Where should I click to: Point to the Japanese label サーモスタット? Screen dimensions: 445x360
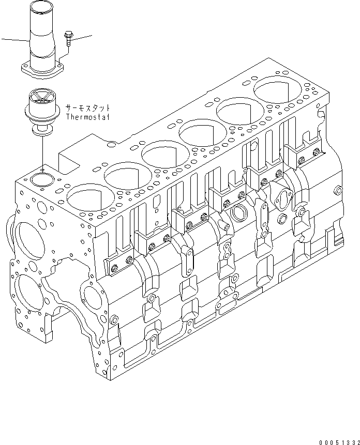(x=88, y=109)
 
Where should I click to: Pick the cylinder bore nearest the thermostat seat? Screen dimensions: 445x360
(x=85, y=196)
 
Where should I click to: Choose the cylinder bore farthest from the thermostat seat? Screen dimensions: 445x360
(x=279, y=91)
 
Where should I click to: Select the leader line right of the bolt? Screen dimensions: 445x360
(x=82, y=37)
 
